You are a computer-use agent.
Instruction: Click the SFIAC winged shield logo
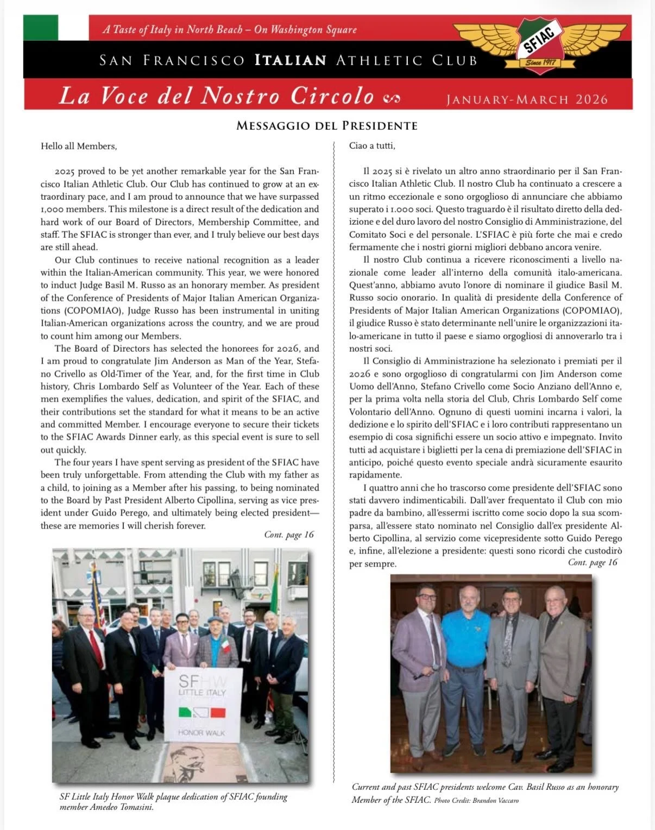pos(540,46)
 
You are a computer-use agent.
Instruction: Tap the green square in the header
pos(40,27)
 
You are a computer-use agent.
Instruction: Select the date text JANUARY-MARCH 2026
pos(526,99)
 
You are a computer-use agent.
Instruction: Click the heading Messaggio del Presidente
pos(327,126)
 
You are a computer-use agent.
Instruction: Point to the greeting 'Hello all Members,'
pos(79,146)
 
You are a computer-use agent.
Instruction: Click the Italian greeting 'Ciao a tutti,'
pos(372,146)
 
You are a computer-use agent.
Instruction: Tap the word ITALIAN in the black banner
pos(291,60)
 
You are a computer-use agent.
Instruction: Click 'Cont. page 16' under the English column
pos(289,535)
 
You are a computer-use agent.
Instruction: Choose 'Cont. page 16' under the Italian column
pos(593,562)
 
